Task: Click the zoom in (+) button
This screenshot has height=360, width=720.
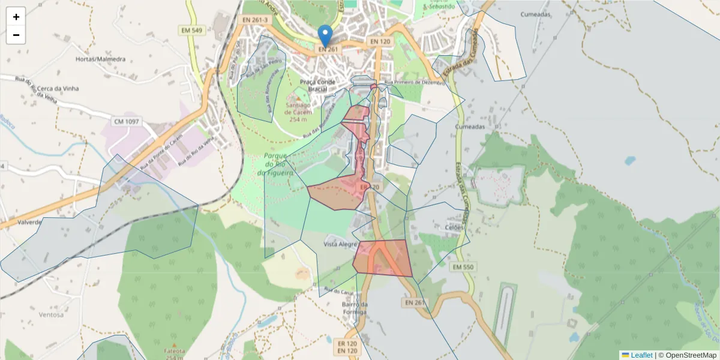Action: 16,17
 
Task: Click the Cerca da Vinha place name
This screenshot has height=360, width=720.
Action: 58,89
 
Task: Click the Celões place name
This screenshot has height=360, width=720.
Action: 454,227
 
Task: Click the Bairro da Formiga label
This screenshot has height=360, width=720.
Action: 354,308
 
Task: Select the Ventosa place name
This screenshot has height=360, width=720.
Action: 50,314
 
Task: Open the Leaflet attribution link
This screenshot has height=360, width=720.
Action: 641,355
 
